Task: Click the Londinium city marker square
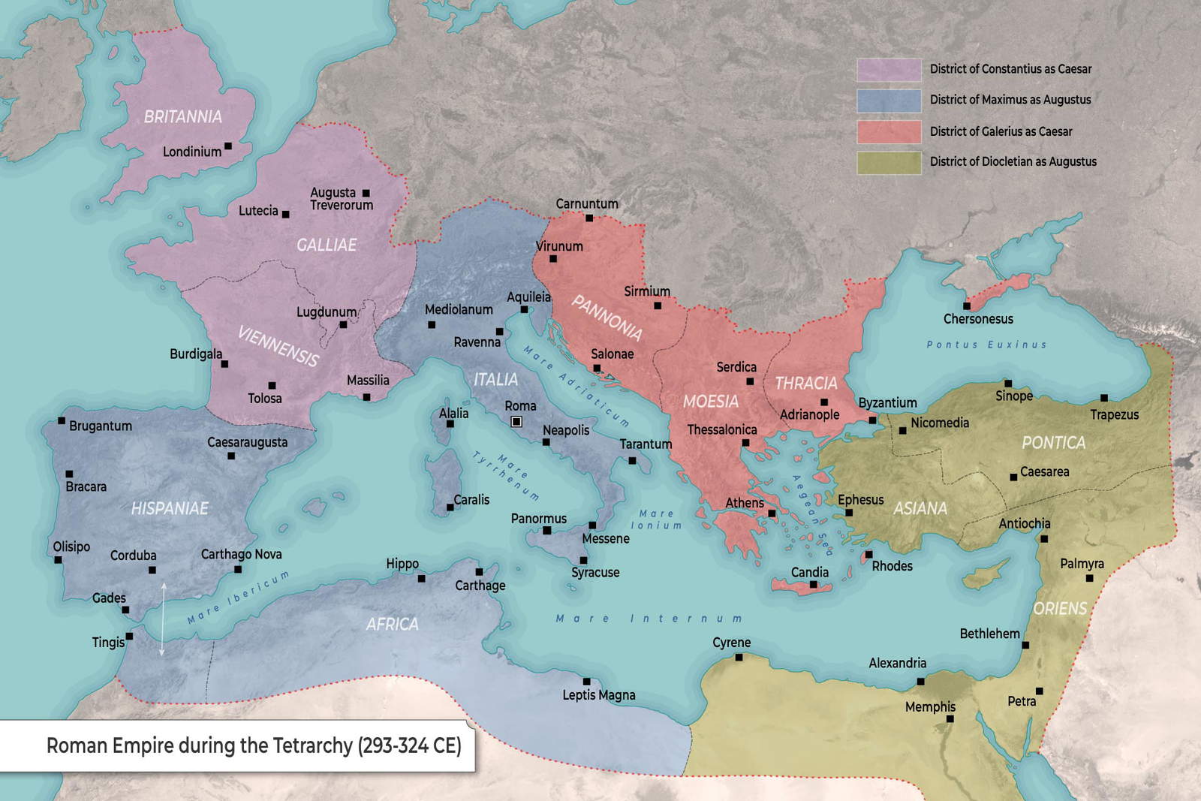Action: click(228, 146)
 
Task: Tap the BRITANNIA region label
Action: click(183, 116)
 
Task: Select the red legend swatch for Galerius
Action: click(889, 131)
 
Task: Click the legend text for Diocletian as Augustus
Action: click(1013, 161)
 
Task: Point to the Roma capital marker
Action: click(516, 422)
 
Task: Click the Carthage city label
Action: click(480, 586)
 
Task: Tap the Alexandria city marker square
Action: click(920, 682)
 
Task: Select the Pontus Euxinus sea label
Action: click(986, 345)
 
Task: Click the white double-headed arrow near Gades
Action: click(162, 619)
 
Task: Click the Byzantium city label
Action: click(887, 403)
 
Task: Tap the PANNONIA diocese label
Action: click(607, 317)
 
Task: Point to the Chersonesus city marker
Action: click(967, 306)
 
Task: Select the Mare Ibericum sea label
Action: click(238, 598)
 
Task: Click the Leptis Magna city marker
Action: click(586, 682)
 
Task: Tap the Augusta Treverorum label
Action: click(342, 199)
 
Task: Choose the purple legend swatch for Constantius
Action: click(889, 69)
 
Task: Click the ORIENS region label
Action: click(1060, 608)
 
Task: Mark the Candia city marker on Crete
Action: click(813, 584)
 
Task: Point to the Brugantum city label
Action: click(101, 426)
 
